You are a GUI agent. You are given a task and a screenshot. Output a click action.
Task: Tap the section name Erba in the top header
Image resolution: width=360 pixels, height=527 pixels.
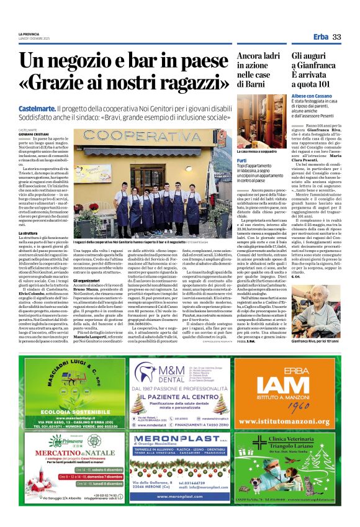pyautogui.click(x=321, y=37)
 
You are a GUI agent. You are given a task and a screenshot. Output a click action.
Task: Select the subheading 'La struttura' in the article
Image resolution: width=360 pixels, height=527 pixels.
pyautogui.click(x=28, y=233)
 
